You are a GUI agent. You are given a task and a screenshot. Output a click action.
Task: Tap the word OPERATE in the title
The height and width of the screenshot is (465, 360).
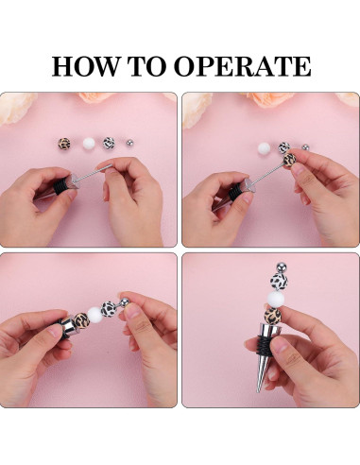(243, 66)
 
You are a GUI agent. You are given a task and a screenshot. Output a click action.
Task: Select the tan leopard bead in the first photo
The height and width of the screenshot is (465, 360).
(64, 144)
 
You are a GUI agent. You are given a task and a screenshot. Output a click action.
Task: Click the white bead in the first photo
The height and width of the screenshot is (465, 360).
(89, 144)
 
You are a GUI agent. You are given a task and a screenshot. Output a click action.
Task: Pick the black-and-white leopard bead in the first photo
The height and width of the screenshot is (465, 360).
(109, 144)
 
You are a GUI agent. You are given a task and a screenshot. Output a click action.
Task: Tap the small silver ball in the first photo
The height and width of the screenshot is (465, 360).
(129, 144)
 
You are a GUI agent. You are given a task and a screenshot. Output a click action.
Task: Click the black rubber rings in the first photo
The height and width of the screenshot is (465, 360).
(60, 185)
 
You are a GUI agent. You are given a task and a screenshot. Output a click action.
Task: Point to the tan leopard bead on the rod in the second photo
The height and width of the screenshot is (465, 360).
(289, 160)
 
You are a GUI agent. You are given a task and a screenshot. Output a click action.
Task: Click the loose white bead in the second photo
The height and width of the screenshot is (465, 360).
(264, 148)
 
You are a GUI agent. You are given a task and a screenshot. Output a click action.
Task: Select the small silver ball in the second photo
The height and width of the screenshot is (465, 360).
(305, 147)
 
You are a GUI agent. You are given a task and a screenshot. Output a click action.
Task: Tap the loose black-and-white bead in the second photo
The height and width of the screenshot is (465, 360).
(284, 147)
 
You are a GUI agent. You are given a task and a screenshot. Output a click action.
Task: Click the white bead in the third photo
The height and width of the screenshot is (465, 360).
(94, 314)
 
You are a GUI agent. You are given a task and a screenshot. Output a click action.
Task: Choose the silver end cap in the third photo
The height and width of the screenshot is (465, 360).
(67, 325)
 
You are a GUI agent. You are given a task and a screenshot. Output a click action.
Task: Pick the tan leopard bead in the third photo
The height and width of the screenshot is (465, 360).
(82, 320)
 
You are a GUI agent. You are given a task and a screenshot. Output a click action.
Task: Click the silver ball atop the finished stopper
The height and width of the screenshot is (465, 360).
(283, 267)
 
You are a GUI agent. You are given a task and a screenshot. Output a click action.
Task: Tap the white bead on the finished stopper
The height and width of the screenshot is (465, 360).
(276, 299)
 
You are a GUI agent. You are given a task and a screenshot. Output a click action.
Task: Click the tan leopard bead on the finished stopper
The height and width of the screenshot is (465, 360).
(273, 315)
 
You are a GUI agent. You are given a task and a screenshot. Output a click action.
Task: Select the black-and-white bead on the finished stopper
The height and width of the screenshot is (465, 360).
(279, 282)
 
